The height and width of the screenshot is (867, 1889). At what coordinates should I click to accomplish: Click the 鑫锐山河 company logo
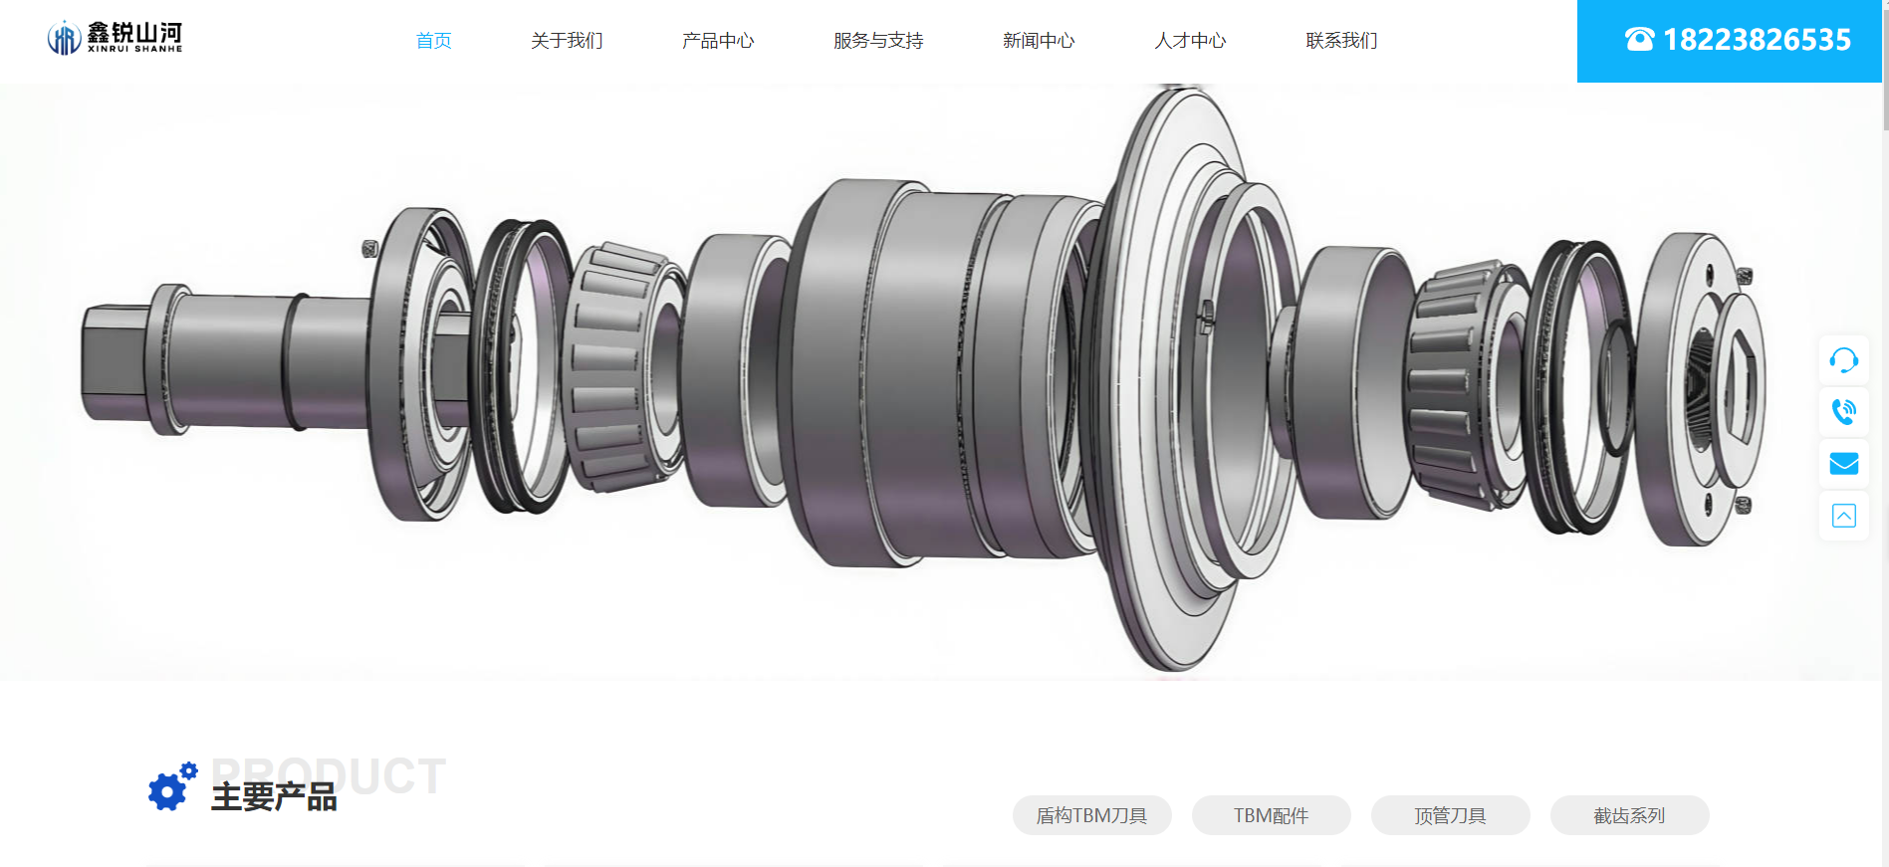pos(115,38)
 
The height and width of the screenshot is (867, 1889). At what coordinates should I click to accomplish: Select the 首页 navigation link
pos(434,41)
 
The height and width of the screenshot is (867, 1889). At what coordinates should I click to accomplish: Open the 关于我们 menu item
pos(567,41)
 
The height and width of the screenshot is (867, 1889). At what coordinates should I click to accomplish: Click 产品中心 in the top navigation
pos(718,41)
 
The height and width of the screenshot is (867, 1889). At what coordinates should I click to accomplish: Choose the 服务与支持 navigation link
pos(878,41)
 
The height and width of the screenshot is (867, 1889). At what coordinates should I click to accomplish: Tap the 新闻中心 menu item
pos(1039,41)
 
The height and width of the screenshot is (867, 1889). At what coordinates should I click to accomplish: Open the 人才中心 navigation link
pos(1190,41)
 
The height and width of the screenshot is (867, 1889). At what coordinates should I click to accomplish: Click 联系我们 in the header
pos(1341,41)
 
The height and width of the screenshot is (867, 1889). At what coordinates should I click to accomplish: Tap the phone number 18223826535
pos(1757,40)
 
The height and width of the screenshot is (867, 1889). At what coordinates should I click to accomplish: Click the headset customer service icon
pos(1844,360)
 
